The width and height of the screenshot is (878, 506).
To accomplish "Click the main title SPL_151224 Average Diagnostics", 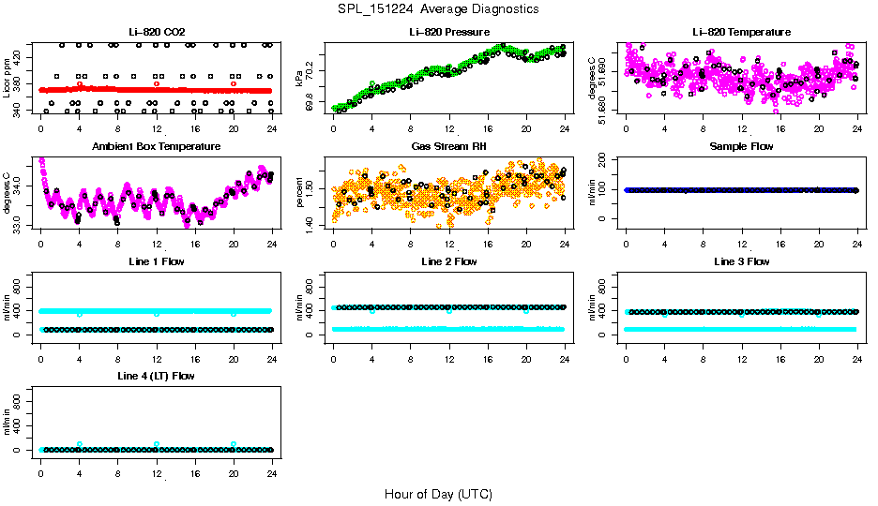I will tap(438, 9).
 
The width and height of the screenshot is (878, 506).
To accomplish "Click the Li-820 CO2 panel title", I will tap(156, 33).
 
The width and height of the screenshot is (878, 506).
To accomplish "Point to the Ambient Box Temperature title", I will tap(156, 147).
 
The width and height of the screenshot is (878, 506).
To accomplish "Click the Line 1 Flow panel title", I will tap(156, 261).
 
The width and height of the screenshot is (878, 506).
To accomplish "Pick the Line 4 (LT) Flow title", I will tap(156, 376).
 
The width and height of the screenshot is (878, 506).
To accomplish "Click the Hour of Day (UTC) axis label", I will tap(438, 494).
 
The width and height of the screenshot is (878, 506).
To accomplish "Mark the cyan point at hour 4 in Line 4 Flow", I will tap(80, 444).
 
